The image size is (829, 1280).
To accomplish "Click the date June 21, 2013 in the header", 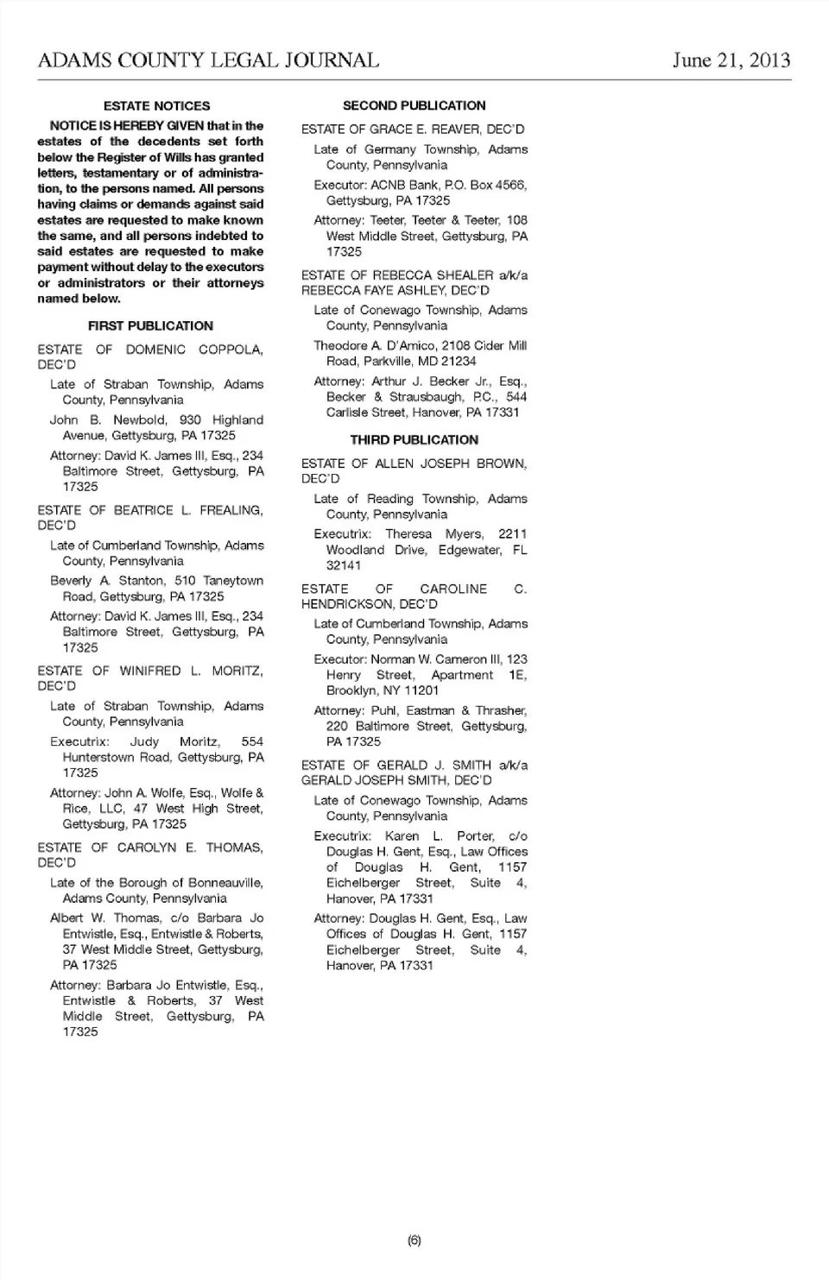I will (731, 60).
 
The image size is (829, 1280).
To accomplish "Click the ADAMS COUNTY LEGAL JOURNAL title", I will (208, 60).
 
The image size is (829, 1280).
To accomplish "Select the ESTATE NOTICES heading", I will (156, 106).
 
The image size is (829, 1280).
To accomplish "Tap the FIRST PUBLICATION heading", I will (150, 326).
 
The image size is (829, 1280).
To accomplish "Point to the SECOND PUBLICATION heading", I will (414, 106).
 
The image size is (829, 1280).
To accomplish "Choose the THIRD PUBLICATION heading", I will (414, 440).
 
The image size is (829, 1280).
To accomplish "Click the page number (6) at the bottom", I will (414, 1240).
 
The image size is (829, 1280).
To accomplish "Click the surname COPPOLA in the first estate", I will (231, 350).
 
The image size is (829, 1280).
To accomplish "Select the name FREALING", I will (231, 510).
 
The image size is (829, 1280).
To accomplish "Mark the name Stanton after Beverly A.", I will (141, 581).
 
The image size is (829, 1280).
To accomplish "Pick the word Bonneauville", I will (220, 883).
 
